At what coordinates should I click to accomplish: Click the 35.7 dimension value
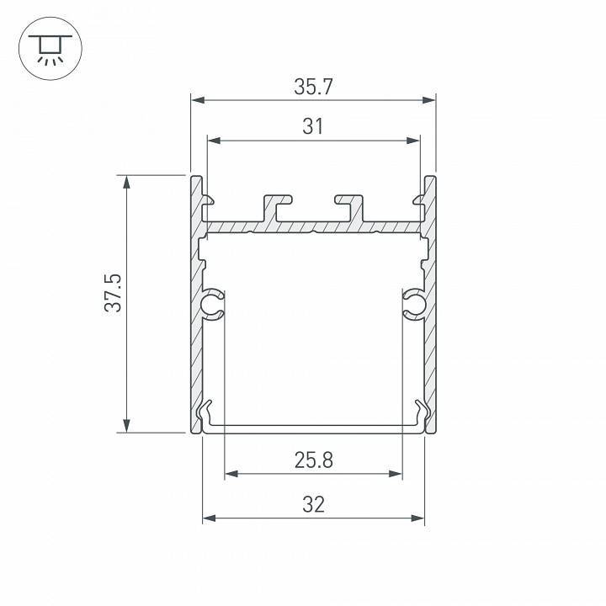click(312, 86)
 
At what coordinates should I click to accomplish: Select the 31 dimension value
click(312, 126)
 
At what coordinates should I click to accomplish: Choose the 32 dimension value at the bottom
click(313, 504)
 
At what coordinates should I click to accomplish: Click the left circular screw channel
click(214, 305)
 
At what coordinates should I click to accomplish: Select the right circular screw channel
click(412, 305)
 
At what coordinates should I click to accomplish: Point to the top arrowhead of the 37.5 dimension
click(126, 182)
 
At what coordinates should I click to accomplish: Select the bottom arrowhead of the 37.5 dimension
click(126, 426)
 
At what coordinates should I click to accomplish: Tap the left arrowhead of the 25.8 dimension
click(231, 474)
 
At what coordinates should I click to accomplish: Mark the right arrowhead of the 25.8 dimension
click(396, 474)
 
